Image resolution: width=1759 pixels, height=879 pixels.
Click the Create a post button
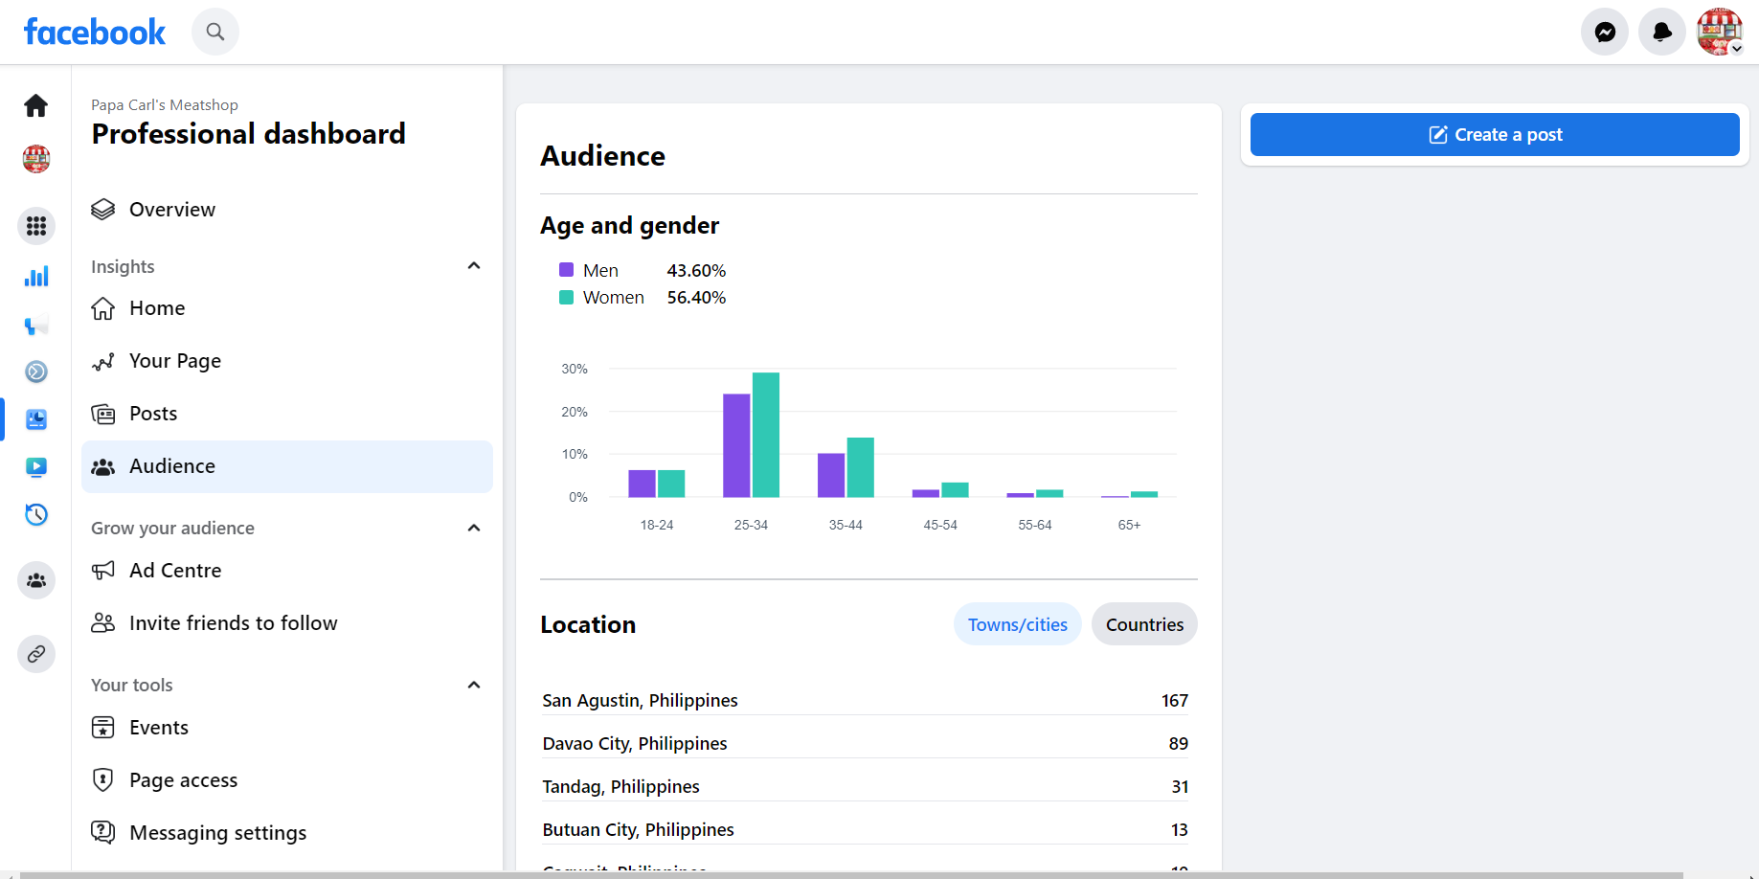[x=1494, y=135]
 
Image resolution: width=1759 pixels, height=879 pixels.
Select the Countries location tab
[x=1144, y=624]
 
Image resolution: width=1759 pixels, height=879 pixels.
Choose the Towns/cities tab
[x=1017, y=624]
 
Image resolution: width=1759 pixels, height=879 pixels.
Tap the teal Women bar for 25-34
[x=766, y=435]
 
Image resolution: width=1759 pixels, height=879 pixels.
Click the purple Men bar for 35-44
[x=831, y=475]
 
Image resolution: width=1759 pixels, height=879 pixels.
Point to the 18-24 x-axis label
[x=657, y=525]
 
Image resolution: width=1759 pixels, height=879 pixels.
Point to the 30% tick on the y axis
[x=575, y=369]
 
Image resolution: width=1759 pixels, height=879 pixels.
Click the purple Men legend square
[x=566, y=270]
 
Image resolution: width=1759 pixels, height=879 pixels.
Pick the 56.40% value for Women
[x=696, y=298]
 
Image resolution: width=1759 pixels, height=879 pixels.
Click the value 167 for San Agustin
[x=1174, y=701]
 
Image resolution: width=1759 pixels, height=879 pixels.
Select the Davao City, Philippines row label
[x=635, y=744]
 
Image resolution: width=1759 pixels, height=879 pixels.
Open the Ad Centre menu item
[x=175, y=571]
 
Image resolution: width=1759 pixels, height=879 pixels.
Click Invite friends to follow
[x=233, y=623]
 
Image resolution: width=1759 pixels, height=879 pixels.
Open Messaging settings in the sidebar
[x=217, y=833]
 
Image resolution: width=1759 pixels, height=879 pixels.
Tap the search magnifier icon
[x=215, y=33]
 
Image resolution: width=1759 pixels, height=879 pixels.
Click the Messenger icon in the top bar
[x=1605, y=33]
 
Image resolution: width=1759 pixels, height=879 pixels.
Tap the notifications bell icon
[x=1662, y=33]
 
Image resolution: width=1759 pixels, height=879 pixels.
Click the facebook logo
[x=95, y=33]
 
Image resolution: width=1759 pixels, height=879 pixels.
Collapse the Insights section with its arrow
[x=473, y=266]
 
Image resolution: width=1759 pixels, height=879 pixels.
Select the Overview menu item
[x=172, y=210]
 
